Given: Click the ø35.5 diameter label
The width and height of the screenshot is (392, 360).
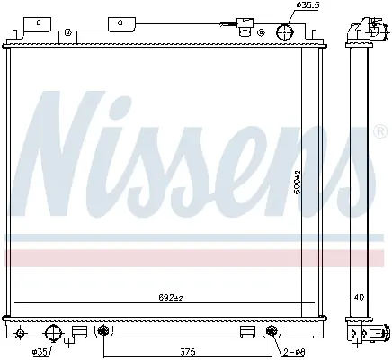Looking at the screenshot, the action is point(307,5).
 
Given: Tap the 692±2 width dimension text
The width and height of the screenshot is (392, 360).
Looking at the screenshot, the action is point(171,298).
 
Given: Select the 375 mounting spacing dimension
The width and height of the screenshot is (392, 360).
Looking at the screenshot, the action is point(188,351).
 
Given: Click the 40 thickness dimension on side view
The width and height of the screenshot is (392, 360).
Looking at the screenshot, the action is point(359,298).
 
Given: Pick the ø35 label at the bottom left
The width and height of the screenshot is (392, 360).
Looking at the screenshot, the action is point(40,352).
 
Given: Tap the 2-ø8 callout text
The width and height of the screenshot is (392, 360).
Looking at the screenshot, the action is point(294,352).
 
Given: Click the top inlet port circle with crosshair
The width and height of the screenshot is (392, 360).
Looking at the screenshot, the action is point(284,31).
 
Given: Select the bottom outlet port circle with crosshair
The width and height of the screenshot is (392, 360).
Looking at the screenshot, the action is point(53,333).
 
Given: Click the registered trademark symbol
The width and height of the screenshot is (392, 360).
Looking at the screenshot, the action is point(380,132).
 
